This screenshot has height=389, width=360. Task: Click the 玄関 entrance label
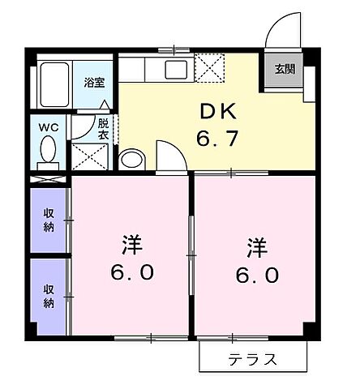(x=283, y=69)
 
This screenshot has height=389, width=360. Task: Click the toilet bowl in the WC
(x=49, y=152)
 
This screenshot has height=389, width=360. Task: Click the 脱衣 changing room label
(x=103, y=129)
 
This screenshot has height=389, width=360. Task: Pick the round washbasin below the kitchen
(x=131, y=157)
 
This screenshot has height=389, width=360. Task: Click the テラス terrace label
(x=253, y=358)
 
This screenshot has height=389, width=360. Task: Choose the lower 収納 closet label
(x=49, y=295)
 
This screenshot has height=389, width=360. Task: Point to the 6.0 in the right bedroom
(x=258, y=275)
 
